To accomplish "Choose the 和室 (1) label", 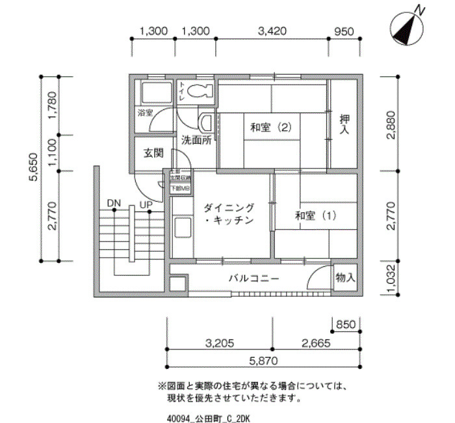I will [x=315, y=215].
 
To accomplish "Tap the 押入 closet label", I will [x=344, y=125].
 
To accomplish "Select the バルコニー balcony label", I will [x=253, y=279].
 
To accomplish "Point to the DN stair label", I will [x=114, y=204].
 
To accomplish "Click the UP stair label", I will [x=146, y=204].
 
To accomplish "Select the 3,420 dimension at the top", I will [x=272, y=31].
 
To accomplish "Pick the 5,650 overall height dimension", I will [x=36, y=175].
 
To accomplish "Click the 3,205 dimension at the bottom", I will [x=219, y=342].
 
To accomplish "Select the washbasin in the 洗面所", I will [x=206, y=122].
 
